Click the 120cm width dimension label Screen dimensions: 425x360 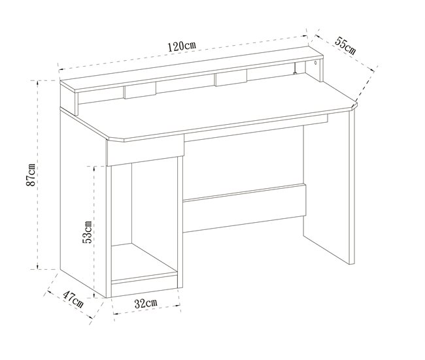pos(182,46)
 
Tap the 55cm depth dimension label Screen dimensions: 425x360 pos(345,45)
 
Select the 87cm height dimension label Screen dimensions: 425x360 pos(31,174)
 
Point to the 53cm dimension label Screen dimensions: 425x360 pos(87,232)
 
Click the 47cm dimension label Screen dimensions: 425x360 pos(73,299)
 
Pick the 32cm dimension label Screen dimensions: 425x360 pos(146,303)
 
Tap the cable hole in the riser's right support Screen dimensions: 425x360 pos(315,63)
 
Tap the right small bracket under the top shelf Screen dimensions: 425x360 pos(231,78)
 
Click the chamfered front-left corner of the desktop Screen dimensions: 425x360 pos(115,139)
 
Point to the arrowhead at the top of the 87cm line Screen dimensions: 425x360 pos(38,82)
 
